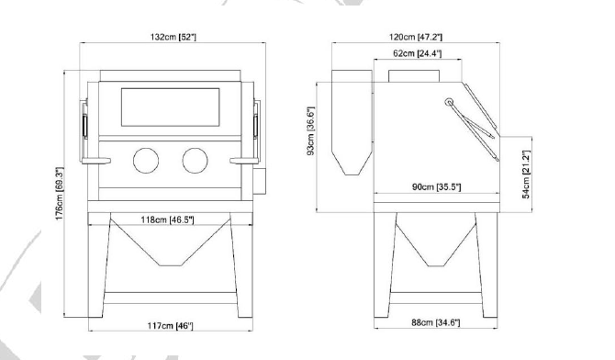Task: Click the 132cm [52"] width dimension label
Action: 173,37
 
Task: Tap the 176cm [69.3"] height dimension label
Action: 60,194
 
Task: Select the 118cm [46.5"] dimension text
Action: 167,219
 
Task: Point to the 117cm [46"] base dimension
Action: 170,326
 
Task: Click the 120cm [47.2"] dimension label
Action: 416,37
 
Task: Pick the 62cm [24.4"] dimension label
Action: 418,53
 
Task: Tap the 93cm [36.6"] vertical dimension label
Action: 310,130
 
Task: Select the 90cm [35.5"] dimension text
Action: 437,186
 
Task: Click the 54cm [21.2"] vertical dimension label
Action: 526,174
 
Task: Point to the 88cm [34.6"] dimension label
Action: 435,322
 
